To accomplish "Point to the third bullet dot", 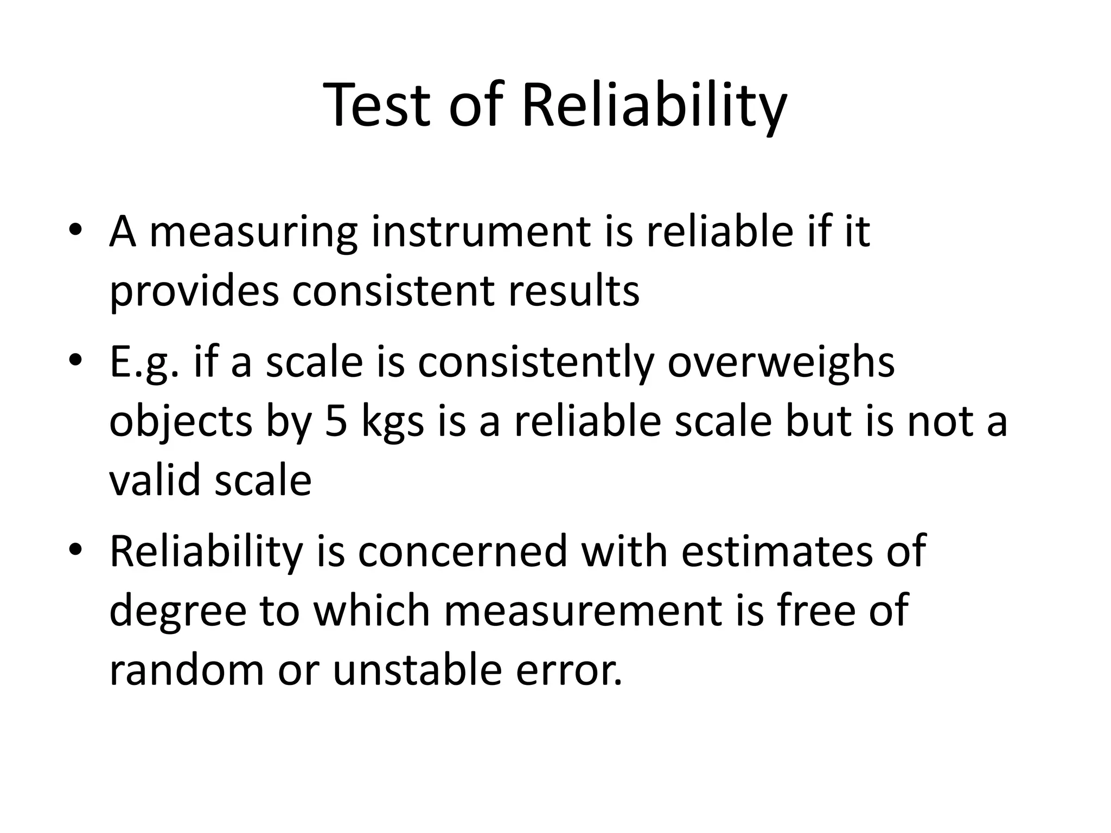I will click(x=75, y=550).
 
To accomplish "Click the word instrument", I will click(x=480, y=232).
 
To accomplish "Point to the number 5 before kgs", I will click(x=336, y=421).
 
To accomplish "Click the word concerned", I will click(x=462, y=552).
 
